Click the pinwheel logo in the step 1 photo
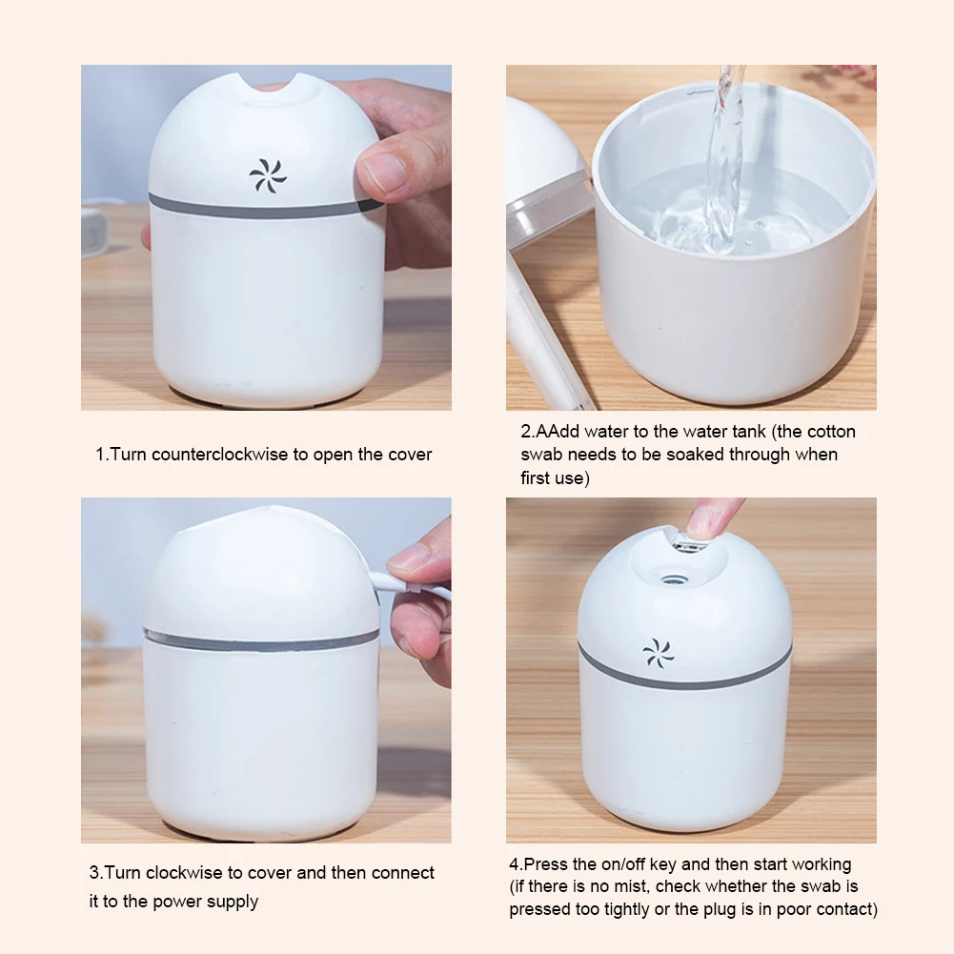tap(268, 176)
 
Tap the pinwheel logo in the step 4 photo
tap(659, 654)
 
